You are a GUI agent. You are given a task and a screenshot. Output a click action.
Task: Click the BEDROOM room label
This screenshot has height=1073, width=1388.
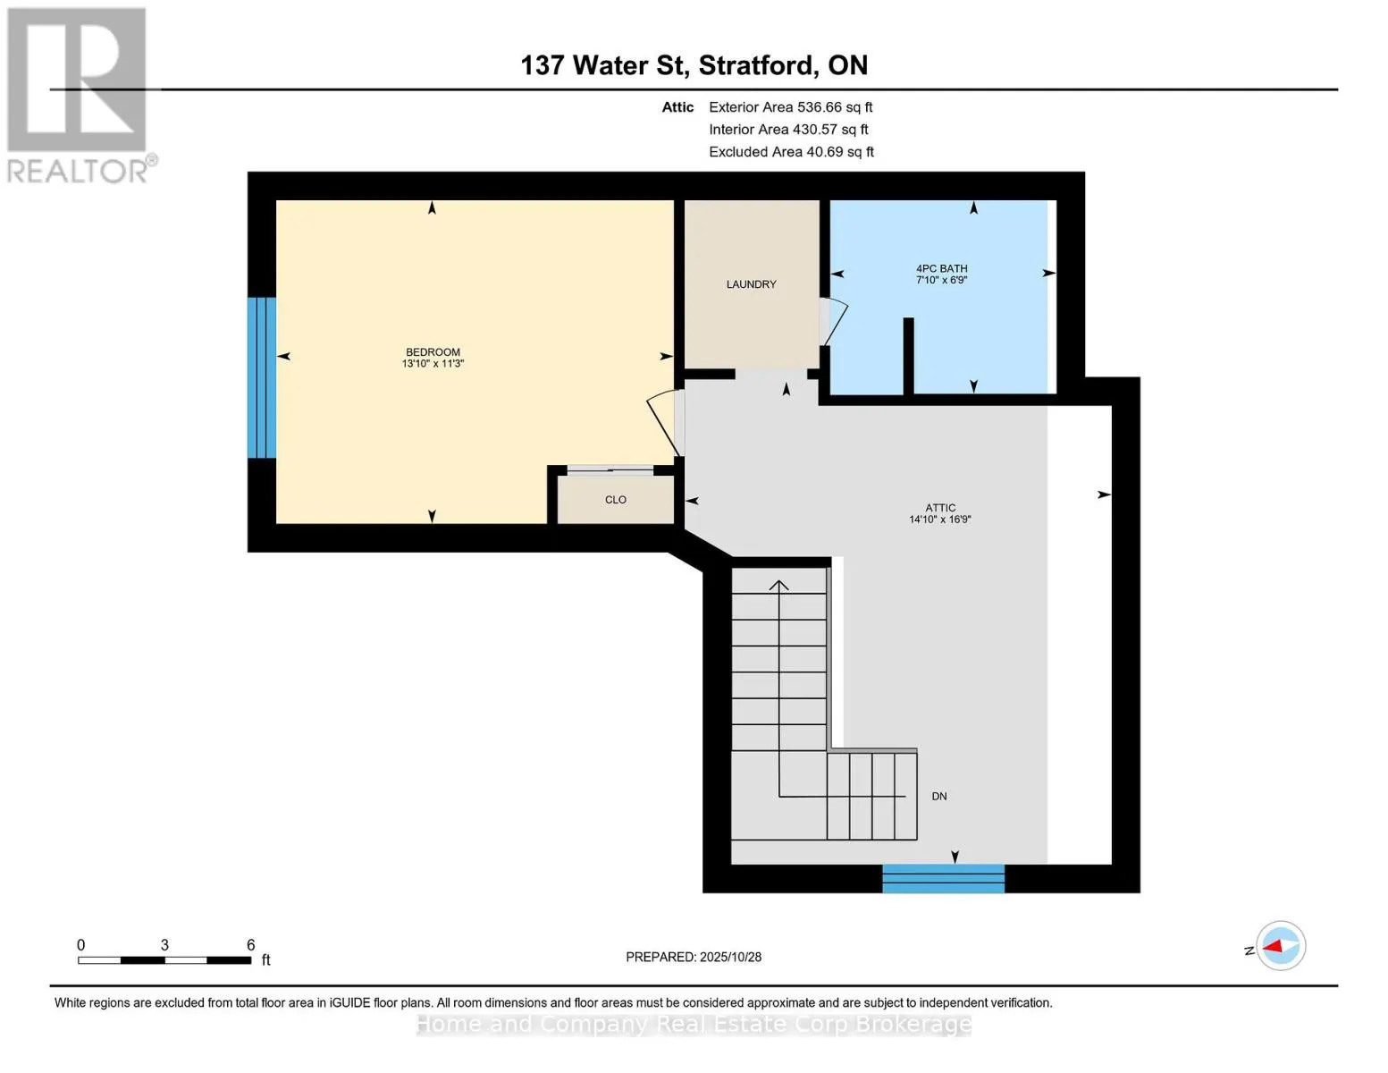(433, 352)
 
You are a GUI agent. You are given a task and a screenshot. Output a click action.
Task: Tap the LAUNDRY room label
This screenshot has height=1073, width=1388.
(751, 284)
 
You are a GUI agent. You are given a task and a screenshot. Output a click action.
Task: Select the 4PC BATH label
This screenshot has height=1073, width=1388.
(941, 268)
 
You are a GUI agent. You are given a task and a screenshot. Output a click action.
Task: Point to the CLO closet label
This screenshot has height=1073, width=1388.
(615, 500)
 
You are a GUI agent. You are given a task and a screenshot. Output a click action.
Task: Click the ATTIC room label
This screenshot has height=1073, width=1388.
(940, 508)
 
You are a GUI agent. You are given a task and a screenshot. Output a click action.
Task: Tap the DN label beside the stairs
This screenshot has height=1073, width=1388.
(938, 797)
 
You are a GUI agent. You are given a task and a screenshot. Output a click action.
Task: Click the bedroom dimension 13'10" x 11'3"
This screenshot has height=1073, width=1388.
(433, 364)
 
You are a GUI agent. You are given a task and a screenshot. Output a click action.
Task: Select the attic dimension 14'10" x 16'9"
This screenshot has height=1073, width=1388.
(940, 520)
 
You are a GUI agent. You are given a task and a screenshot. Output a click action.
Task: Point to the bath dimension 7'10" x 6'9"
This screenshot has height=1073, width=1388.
(941, 280)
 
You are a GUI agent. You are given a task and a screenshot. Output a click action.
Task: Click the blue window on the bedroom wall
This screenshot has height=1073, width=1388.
(262, 377)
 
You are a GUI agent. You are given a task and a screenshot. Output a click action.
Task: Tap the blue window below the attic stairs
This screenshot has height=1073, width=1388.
(943, 878)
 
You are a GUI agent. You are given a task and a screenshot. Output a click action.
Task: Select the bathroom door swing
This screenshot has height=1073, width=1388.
(835, 320)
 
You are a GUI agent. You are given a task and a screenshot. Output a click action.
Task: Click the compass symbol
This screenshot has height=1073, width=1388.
(1280, 946)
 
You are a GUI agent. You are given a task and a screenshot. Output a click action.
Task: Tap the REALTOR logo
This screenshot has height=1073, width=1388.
(79, 95)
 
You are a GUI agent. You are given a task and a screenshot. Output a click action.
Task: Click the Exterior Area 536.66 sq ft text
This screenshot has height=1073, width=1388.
(790, 107)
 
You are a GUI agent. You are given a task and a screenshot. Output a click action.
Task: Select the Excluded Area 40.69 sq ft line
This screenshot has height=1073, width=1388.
(791, 152)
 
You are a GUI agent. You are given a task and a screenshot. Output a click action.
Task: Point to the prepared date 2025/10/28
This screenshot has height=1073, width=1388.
(694, 957)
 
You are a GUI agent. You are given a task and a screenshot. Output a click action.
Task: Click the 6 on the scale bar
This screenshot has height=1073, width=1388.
(250, 945)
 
